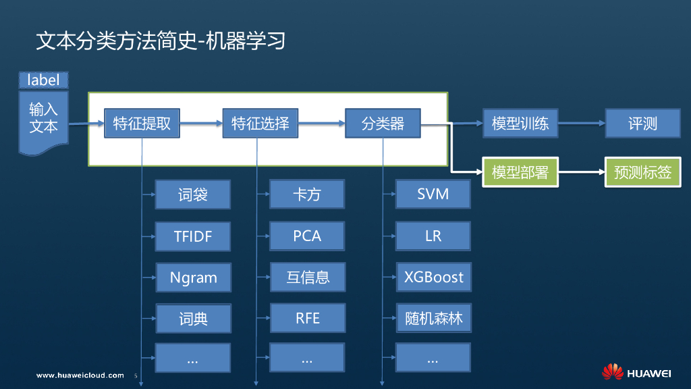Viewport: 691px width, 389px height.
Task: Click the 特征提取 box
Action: click(142, 124)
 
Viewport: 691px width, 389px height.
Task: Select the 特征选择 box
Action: click(260, 124)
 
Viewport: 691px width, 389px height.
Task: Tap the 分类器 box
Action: click(383, 124)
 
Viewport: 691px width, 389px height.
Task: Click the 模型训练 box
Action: click(520, 124)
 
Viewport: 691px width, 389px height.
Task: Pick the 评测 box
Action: click(642, 124)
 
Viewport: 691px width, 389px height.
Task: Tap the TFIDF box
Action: click(193, 236)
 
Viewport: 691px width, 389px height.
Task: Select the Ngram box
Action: click(193, 277)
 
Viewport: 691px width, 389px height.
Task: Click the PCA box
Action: click(307, 236)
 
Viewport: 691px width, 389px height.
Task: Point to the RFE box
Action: click(307, 317)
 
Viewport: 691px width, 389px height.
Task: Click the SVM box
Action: click(433, 194)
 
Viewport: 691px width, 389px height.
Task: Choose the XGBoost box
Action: click(433, 277)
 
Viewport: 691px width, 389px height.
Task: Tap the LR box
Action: click(433, 236)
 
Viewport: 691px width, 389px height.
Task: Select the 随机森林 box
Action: click(433, 318)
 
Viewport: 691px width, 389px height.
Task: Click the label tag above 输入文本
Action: click(43, 80)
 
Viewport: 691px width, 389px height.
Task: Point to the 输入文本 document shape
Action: click(43, 119)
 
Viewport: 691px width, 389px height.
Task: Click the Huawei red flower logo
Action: click(613, 372)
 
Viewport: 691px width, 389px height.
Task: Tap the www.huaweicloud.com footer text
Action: click(80, 375)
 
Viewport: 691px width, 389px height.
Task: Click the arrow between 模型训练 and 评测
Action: click(581, 124)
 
